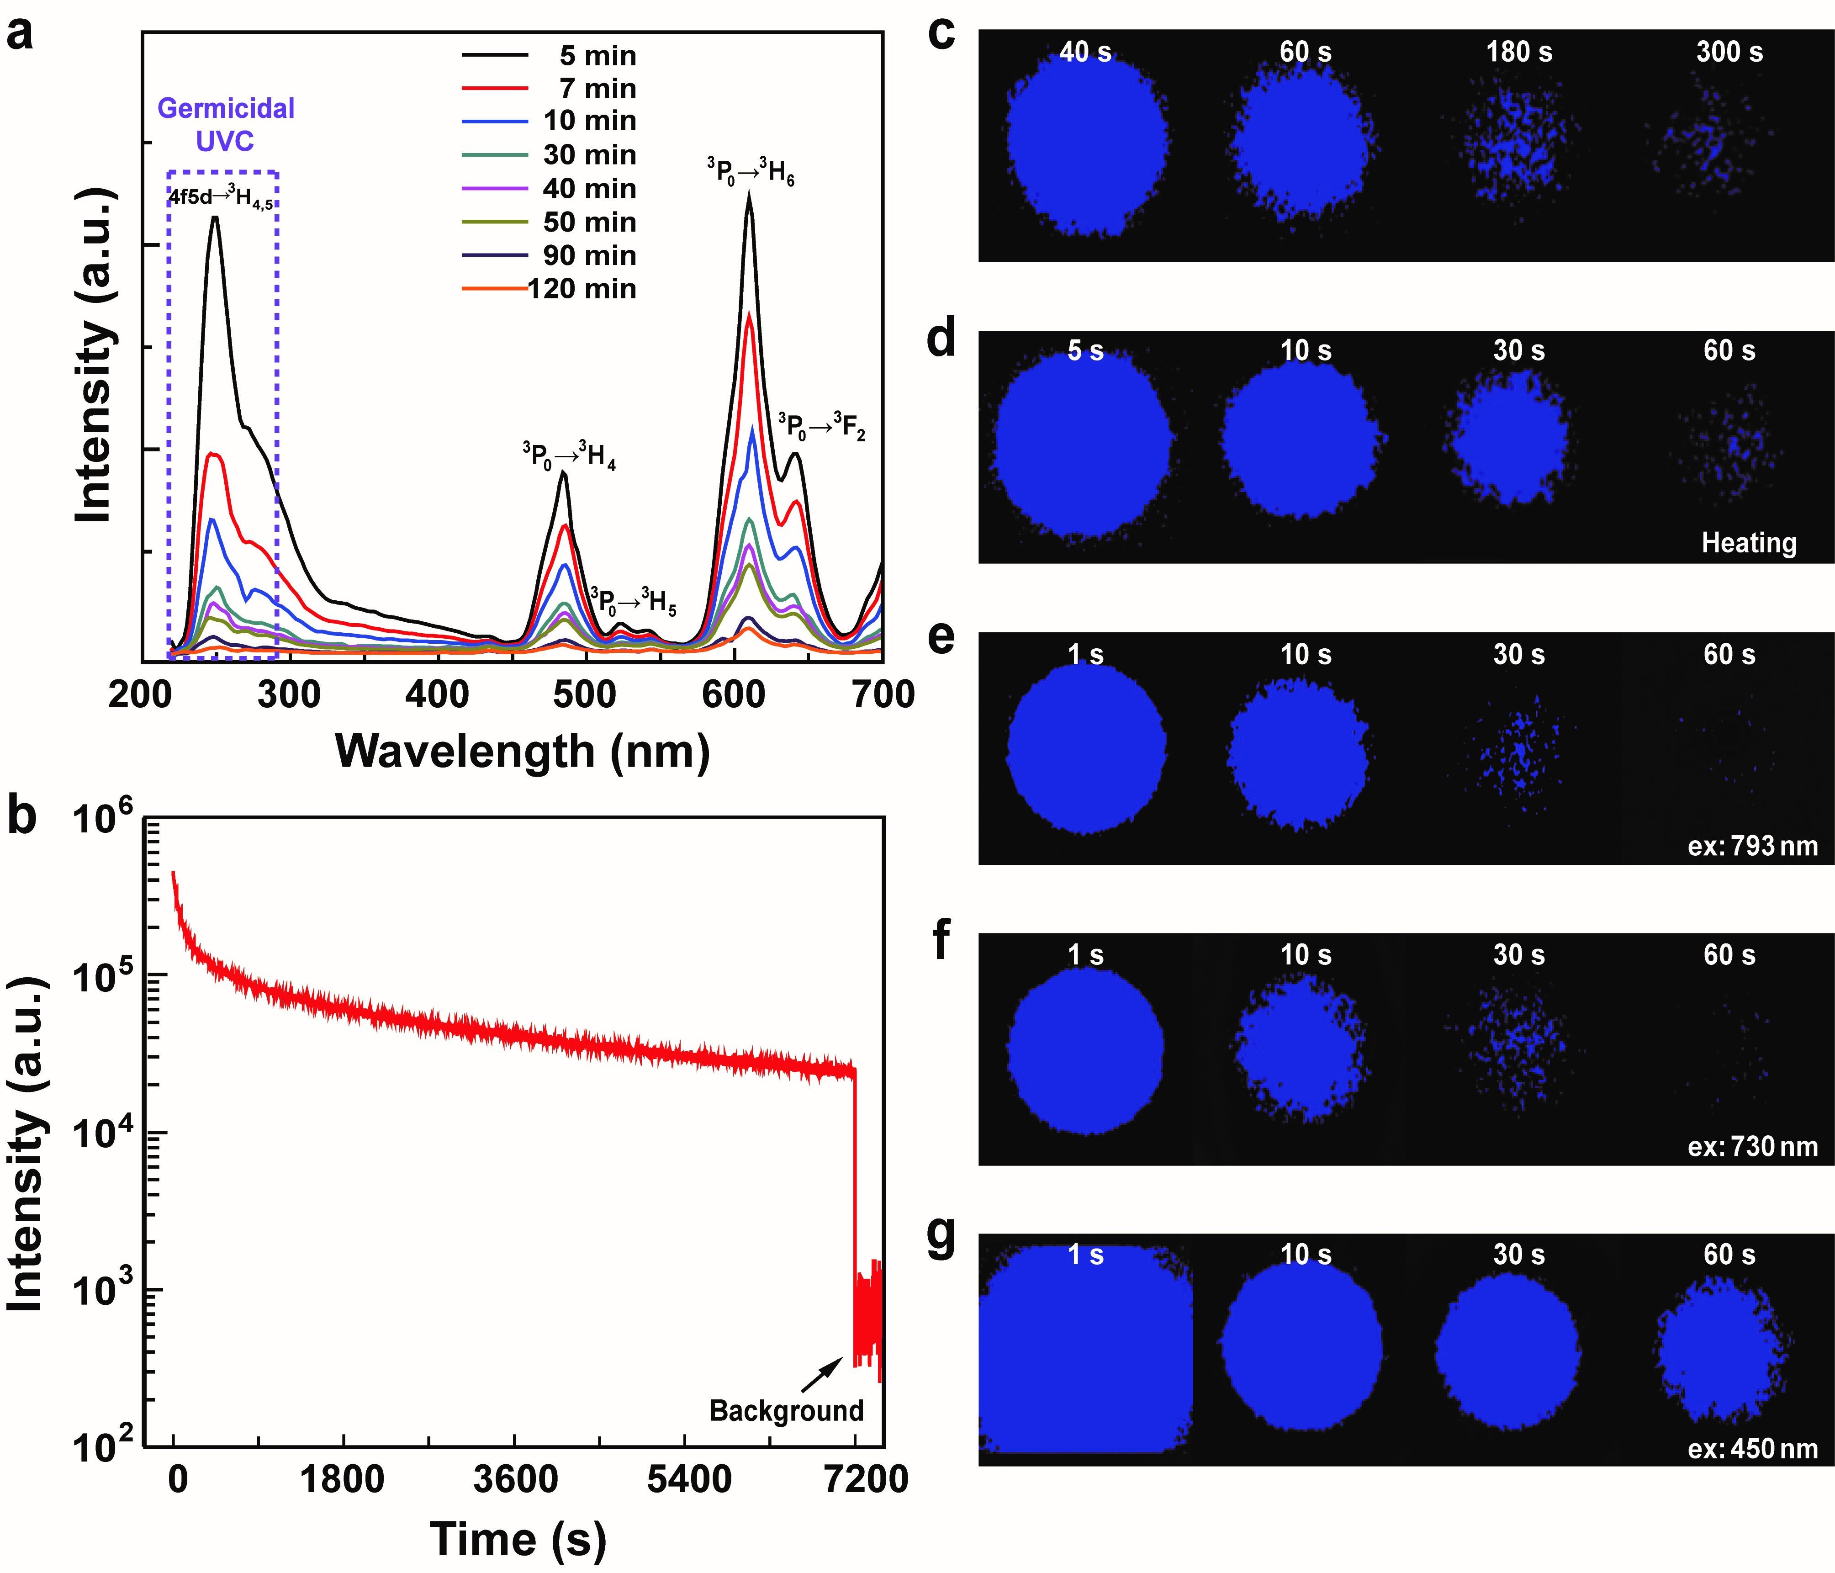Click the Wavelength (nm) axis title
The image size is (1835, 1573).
click(523, 751)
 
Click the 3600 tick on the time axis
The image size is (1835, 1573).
click(515, 1479)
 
